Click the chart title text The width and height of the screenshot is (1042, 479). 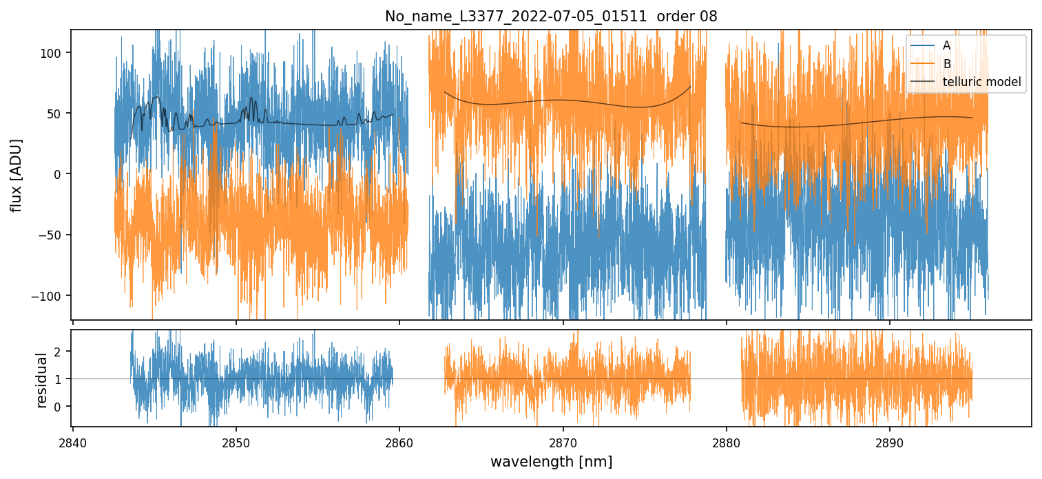click(551, 17)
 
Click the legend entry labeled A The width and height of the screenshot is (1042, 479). click(946, 45)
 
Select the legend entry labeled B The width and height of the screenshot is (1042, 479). click(946, 64)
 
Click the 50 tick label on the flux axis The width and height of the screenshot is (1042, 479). click(57, 114)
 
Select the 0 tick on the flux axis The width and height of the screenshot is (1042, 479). click(60, 174)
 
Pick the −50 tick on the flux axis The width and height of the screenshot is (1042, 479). click(54, 235)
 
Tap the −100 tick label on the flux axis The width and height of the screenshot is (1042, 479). click(51, 296)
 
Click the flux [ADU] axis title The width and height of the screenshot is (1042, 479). click(15, 175)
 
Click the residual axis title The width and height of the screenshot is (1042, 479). click(42, 380)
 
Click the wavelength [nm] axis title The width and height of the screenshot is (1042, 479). click(551, 461)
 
